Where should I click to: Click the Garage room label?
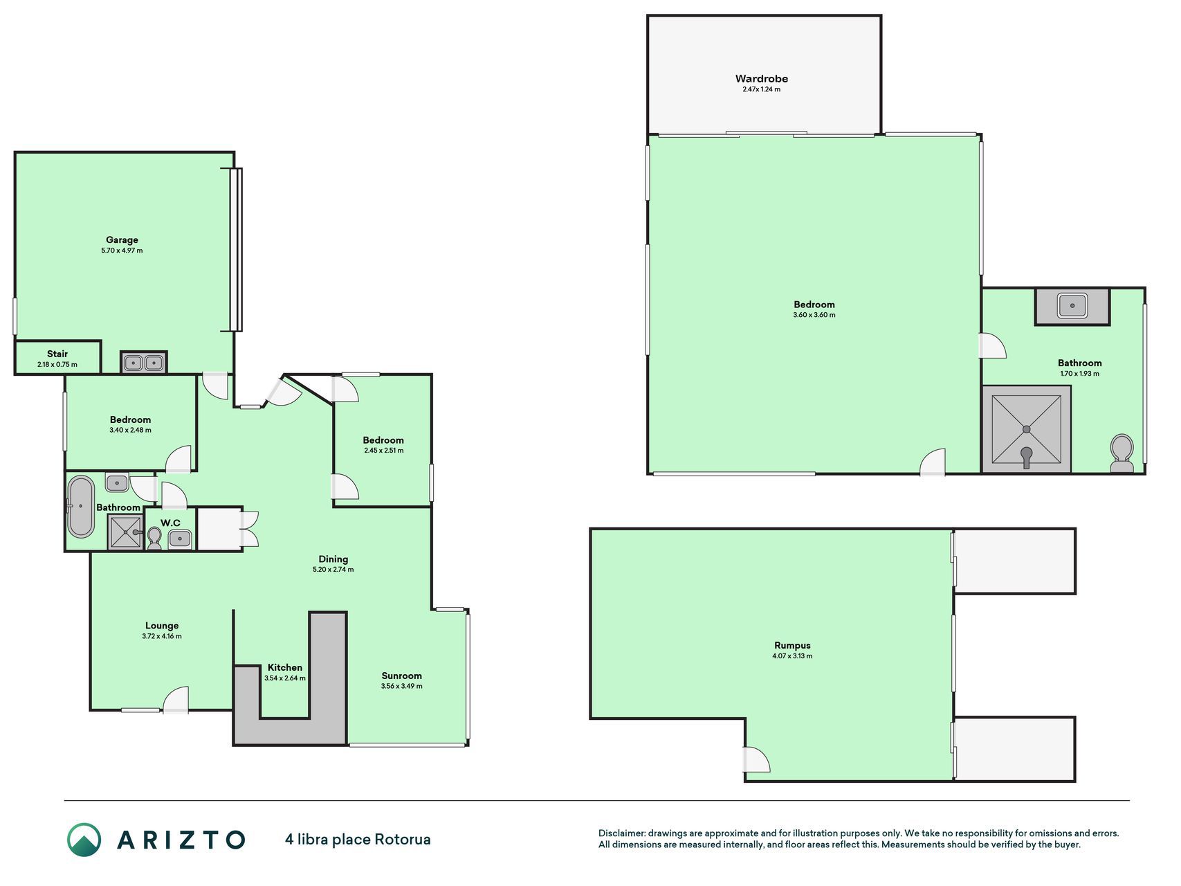point(122,240)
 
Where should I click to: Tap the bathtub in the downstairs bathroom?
point(80,507)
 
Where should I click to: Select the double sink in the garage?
point(144,363)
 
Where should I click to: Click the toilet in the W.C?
point(154,538)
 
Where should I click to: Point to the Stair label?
point(57,354)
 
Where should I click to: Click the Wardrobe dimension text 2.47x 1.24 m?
point(761,89)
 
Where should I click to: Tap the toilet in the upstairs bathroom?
point(1122,453)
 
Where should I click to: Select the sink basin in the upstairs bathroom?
point(1072,305)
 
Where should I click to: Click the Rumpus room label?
point(792,645)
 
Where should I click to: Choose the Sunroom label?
point(401,676)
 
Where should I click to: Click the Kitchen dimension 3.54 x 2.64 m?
point(285,678)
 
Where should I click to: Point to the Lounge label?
point(162,626)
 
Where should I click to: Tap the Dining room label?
point(333,559)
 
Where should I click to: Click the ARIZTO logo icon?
point(84,840)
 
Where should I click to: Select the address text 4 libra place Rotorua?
point(358,840)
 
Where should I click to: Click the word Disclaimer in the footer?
point(621,833)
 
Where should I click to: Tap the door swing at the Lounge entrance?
point(176,698)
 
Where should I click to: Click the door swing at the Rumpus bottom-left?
point(757,759)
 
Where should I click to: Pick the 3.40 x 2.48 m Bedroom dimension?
point(130,430)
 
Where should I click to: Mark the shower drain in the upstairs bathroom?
point(1027,429)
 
